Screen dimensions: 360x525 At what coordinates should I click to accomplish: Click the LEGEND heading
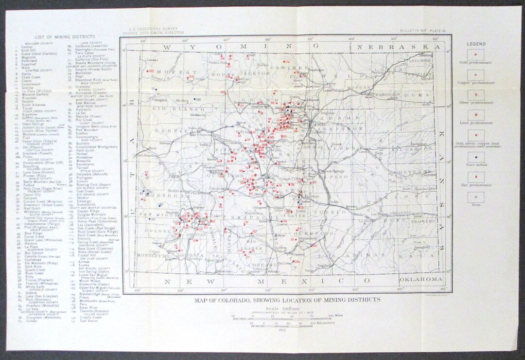click(x=476, y=44)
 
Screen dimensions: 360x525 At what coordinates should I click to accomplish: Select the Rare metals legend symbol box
click(x=476, y=157)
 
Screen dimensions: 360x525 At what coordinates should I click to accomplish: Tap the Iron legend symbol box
click(x=476, y=197)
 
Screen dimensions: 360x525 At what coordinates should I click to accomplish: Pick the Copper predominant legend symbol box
click(x=476, y=75)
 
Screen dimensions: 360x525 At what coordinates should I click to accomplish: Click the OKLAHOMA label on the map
click(x=420, y=280)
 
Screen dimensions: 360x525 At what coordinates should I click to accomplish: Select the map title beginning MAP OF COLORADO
click(x=287, y=300)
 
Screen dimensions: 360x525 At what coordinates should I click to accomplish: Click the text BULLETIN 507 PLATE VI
click(x=419, y=31)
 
